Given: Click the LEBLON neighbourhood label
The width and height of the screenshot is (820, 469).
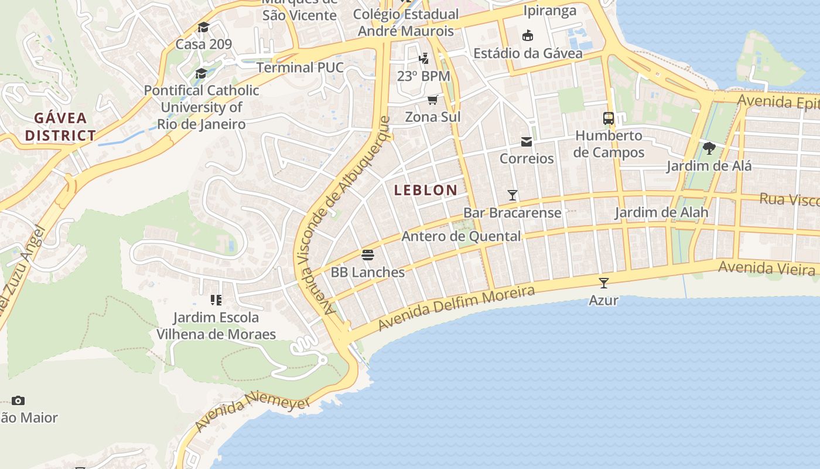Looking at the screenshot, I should (x=426, y=190).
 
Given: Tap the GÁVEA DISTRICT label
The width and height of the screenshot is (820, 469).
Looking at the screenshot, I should (x=60, y=127).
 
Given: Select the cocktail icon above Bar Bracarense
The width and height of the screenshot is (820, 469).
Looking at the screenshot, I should (x=512, y=195).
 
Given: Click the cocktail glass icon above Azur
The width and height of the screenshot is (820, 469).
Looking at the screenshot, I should (x=604, y=283).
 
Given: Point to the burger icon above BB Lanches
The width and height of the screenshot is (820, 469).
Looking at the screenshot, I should (x=368, y=255).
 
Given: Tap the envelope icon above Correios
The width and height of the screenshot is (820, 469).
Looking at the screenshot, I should (x=527, y=142).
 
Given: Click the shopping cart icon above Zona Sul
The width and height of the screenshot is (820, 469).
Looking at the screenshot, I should (x=433, y=100).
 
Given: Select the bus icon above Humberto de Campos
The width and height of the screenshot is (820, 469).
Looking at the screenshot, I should (x=609, y=118).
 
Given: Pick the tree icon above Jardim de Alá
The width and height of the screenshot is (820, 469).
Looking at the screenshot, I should (x=709, y=148).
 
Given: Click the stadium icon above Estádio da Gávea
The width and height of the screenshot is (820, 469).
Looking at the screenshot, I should (x=528, y=36).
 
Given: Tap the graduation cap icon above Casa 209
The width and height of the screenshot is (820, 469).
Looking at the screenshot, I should (x=203, y=27).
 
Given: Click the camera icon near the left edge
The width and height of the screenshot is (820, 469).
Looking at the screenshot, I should (x=18, y=401).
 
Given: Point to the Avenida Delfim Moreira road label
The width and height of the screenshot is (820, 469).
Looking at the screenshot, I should (x=457, y=308).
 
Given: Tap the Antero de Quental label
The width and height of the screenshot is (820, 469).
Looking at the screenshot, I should (x=461, y=236).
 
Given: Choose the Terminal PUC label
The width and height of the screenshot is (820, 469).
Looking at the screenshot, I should (x=300, y=67).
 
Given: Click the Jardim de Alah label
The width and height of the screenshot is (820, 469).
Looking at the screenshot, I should (x=661, y=212).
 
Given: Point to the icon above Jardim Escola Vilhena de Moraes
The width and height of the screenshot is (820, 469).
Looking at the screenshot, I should (x=216, y=300).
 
